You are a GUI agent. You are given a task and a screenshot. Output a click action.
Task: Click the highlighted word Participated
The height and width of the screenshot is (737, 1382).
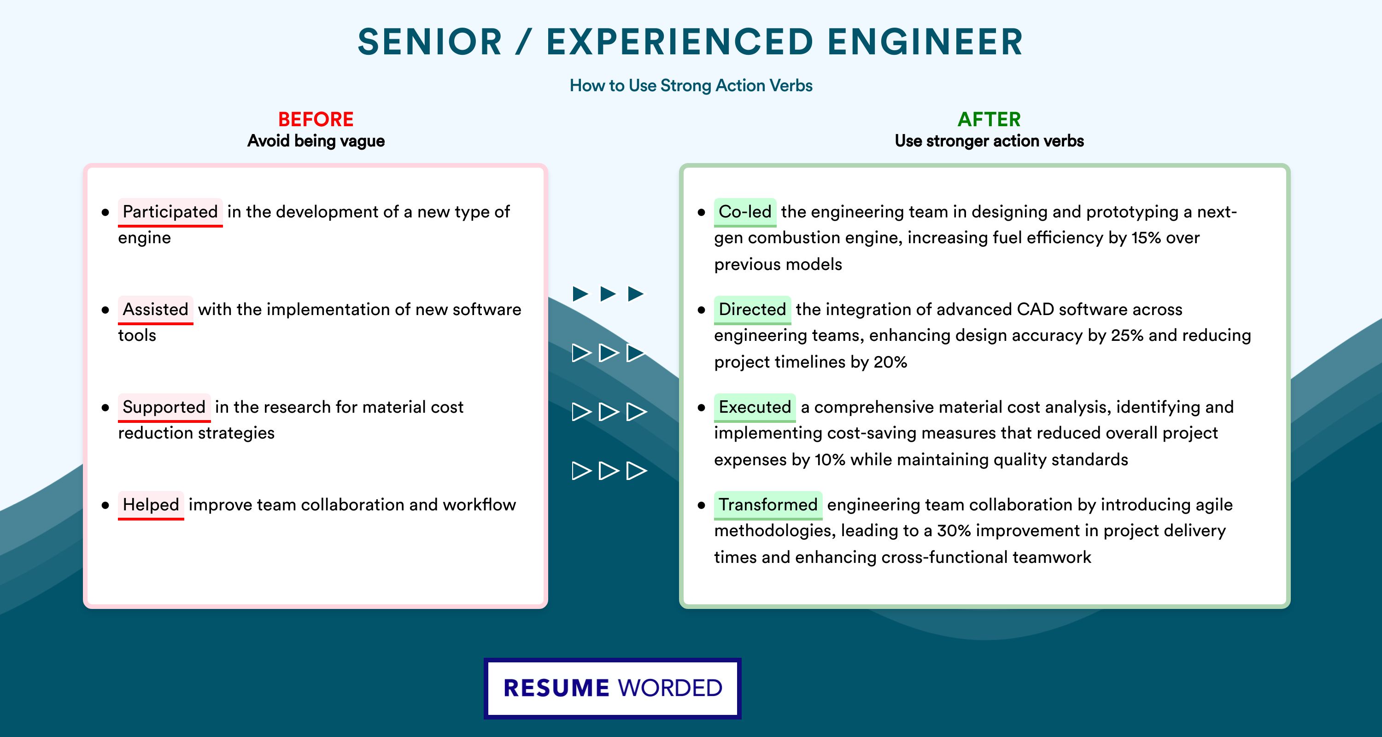coord(170,212)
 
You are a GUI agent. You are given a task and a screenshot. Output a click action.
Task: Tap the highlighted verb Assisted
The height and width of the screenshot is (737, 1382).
coord(156,310)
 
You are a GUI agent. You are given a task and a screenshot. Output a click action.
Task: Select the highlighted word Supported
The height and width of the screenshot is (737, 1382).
coord(164,407)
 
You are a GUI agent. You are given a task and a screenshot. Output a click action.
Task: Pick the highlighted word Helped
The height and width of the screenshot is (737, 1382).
coord(151,505)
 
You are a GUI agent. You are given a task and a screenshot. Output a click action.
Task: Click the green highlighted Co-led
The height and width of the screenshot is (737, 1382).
coord(744,212)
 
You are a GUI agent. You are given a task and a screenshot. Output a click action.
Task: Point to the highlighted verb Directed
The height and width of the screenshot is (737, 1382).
coord(752,310)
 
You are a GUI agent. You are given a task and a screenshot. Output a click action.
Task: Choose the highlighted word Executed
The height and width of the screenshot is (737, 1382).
coord(754,407)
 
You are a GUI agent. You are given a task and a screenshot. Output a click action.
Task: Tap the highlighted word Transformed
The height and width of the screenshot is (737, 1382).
coord(768,505)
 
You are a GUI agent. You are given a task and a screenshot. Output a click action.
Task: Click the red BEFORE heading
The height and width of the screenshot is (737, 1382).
coord(316,119)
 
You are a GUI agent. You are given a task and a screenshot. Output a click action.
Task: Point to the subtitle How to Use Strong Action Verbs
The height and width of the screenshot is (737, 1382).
coord(691,85)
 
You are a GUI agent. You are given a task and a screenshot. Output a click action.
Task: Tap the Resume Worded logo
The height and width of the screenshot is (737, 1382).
coord(613,688)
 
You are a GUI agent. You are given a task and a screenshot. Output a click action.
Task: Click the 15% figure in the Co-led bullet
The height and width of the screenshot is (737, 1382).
coord(1146,238)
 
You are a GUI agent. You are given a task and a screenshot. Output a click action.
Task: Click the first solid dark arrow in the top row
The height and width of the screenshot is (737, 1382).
coord(580,293)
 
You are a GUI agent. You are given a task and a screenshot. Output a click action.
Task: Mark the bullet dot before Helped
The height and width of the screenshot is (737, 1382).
coord(105,505)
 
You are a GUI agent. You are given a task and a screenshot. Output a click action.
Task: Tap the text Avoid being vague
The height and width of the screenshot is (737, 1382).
coord(316,141)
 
